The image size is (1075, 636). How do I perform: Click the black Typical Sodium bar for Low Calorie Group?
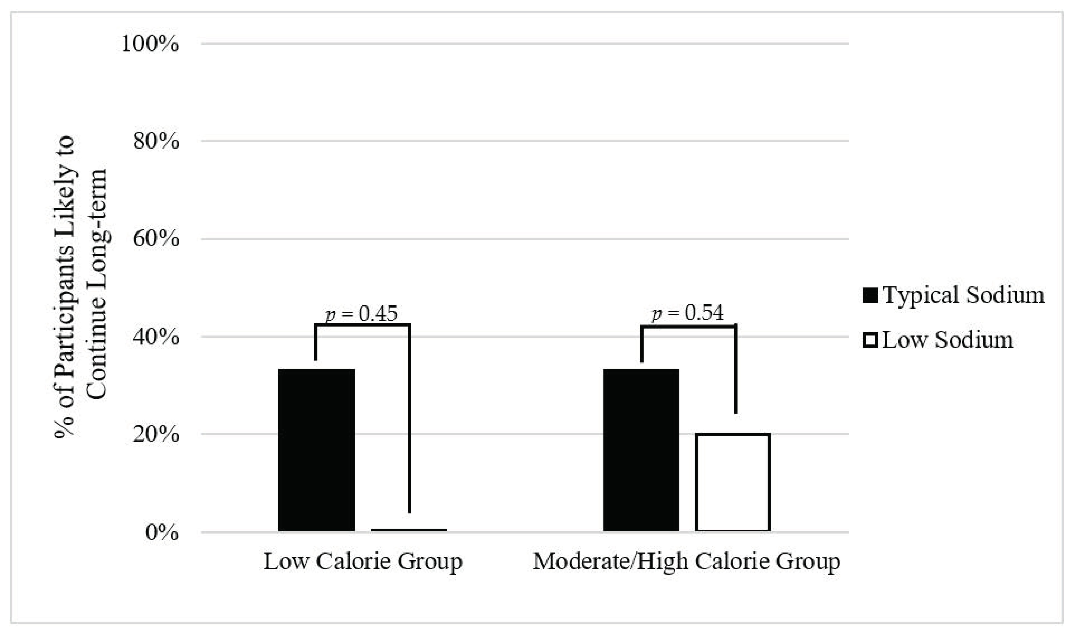(x=317, y=450)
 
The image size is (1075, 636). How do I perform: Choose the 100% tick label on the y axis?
(x=150, y=44)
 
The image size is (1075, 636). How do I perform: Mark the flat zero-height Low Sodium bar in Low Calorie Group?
(x=409, y=530)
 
